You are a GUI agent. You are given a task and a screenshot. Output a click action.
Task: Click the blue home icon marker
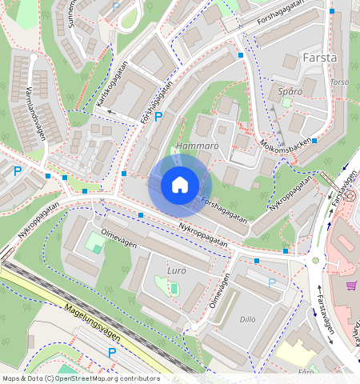click(180, 185)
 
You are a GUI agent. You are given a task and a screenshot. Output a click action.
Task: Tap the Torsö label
click(340, 82)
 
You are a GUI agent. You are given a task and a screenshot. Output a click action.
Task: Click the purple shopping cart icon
click(350, 285)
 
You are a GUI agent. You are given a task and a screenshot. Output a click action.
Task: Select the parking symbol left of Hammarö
click(158, 117)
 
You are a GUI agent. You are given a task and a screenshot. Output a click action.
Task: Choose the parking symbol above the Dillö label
click(272, 282)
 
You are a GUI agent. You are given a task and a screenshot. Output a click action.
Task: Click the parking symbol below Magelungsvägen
click(111, 352)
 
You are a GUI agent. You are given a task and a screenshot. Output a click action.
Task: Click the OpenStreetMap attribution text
click(81, 378)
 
